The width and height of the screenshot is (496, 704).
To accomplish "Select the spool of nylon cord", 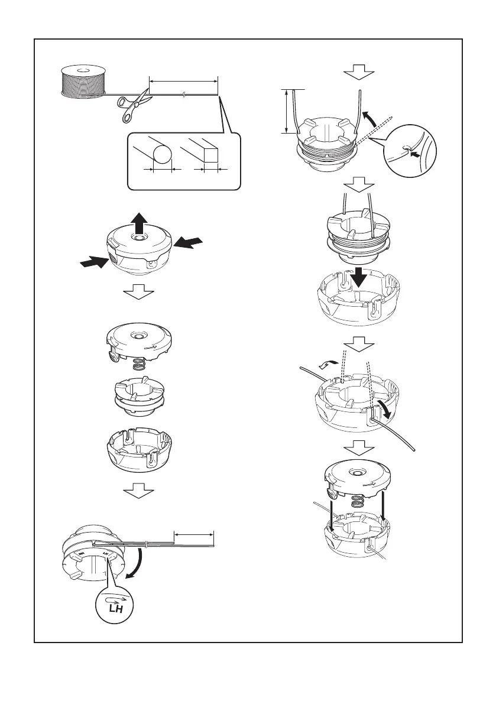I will pyautogui.click(x=83, y=81).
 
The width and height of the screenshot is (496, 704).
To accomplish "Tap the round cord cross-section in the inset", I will pyautogui.click(x=162, y=155).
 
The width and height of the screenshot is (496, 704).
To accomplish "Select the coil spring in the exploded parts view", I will pyautogui.click(x=138, y=366).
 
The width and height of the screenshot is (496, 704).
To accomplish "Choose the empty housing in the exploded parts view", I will pyautogui.click(x=139, y=448).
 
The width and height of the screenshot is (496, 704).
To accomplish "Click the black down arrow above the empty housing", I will pyautogui.click(x=359, y=278).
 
